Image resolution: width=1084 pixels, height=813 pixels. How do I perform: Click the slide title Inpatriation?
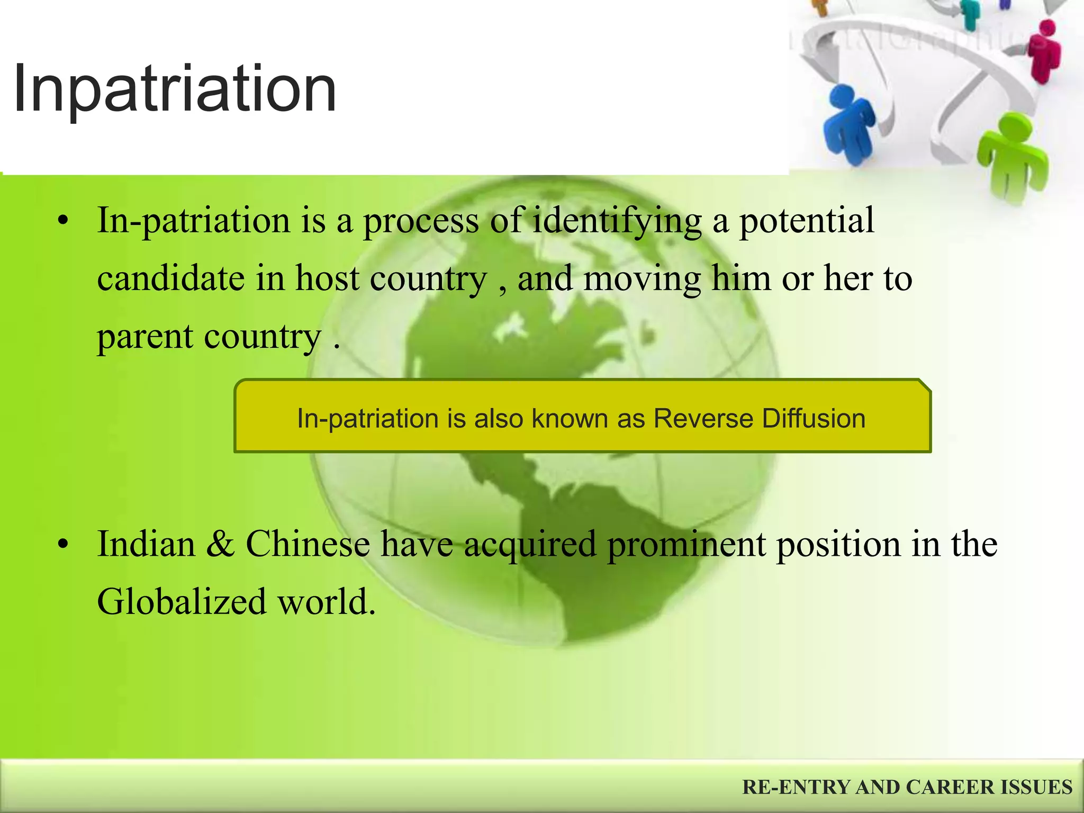tap(175, 89)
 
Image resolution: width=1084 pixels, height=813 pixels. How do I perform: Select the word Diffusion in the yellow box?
tap(814, 418)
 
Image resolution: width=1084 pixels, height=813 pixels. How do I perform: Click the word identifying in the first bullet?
tap(617, 221)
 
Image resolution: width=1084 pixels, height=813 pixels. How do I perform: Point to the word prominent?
tap(686, 545)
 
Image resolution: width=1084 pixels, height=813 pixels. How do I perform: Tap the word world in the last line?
tap(326, 602)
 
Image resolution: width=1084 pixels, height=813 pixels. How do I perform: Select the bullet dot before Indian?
tap(64, 545)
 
